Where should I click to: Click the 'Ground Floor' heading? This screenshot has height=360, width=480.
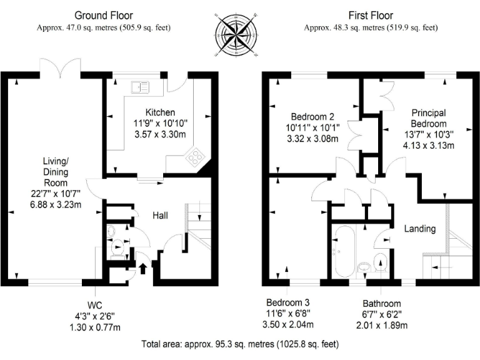(103, 14)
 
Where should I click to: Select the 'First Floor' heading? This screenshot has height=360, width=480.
(370, 14)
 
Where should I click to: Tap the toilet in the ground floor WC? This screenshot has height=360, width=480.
(116, 250)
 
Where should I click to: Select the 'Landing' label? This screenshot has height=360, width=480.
(419, 229)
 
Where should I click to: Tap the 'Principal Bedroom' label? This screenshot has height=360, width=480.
(428, 117)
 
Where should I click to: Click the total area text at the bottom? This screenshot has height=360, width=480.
(239, 344)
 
